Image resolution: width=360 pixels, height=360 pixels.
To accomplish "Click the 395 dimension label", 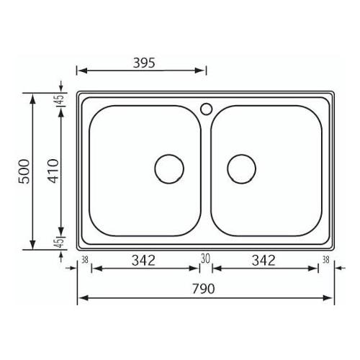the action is coord(144,63).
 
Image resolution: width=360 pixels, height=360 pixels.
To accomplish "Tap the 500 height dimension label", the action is coord(24,171).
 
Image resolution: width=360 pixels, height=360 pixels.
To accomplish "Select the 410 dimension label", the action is coord(53,171).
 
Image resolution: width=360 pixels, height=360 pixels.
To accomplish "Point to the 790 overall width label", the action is coord(203,289).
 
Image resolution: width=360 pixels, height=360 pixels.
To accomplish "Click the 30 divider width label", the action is coord(205,259).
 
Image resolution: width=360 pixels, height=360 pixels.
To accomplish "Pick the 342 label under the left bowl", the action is coord(143,261).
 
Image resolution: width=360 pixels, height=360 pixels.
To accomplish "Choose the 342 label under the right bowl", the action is coord(264,261).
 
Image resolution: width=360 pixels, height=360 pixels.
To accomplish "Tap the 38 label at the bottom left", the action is coord(85,260).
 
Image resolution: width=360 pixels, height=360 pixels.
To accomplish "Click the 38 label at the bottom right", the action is coord(325,260).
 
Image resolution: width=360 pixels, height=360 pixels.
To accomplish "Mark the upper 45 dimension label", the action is coord(60,99).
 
